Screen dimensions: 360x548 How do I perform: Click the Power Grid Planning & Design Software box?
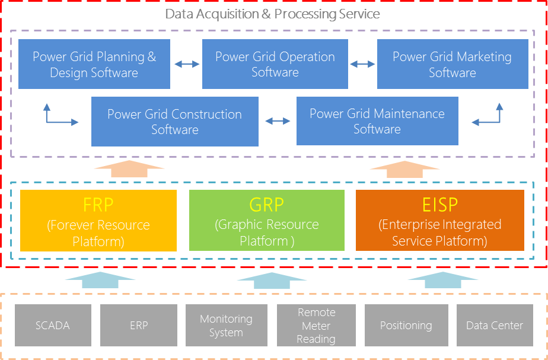pyautogui.click(x=94, y=64)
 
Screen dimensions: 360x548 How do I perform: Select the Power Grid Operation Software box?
pyautogui.click(x=275, y=64)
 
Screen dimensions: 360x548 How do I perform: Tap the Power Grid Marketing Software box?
pyautogui.click(x=452, y=64)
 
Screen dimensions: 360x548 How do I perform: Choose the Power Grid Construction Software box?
pyautogui.click(x=174, y=122)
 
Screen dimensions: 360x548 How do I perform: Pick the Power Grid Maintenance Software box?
pyautogui.click(x=377, y=121)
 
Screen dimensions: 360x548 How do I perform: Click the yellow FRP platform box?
pyautogui.click(x=98, y=221)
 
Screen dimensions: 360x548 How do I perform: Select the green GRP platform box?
pyautogui.click(x=266, y=221)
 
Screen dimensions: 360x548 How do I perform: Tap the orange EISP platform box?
pyautogui.click(x=439, y=221)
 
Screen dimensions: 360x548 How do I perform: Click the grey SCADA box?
pyautogui.click(x=53, y=325)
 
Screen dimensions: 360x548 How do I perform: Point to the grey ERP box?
pyautogui.click(x=138, y=325)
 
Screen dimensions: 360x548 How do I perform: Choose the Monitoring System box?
pyautogui.click(x=225, y=325)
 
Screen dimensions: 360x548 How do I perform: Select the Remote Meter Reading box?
pyautogui.click(x=316, y=325)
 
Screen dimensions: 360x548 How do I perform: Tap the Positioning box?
pyautogui.click(x=406, y=325)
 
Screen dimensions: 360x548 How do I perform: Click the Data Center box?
pyautogui.click(x=495, y=325)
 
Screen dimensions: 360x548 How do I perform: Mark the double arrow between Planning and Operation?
pyautogui.click(x=186, y=64)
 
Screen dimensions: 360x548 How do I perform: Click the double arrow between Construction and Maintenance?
pyautogui.click(x=277, y=121)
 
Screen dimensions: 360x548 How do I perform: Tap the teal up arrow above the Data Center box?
pyautogui.click(x=439, y=280)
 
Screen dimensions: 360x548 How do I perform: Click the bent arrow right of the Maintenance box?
pyautogui.click(x=489, y=115)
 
